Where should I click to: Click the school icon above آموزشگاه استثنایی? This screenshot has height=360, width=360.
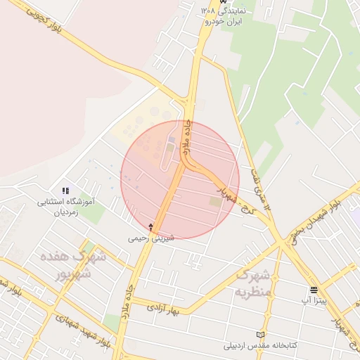tap(65, 190)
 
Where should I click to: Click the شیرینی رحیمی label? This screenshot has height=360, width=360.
tap(150, 238)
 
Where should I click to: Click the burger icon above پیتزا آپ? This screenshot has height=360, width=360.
tap(313, 290)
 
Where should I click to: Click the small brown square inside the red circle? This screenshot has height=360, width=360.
tap(214, 202)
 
